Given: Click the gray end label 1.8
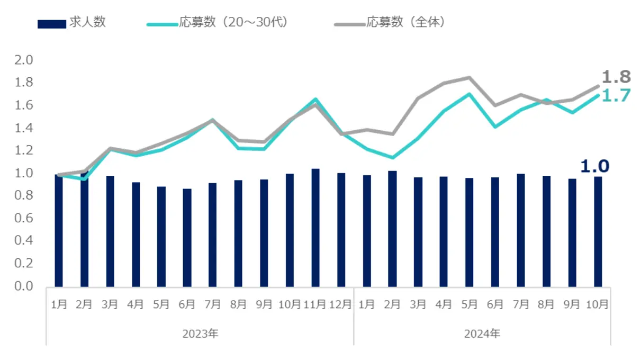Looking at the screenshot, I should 616,77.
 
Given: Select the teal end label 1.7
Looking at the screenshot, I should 616,96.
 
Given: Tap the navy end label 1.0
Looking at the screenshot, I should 594,166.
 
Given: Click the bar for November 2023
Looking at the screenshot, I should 316,228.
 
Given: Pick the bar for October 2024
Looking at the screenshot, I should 598,231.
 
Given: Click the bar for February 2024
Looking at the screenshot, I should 392,228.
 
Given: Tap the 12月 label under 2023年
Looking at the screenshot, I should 341,305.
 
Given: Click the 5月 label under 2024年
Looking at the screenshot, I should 469,305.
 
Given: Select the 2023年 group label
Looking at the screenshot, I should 200,334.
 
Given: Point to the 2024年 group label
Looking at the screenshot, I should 482,334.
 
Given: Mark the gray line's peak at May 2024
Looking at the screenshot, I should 469,78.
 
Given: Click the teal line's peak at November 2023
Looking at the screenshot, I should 316,99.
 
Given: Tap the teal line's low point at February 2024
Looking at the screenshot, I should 392,158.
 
